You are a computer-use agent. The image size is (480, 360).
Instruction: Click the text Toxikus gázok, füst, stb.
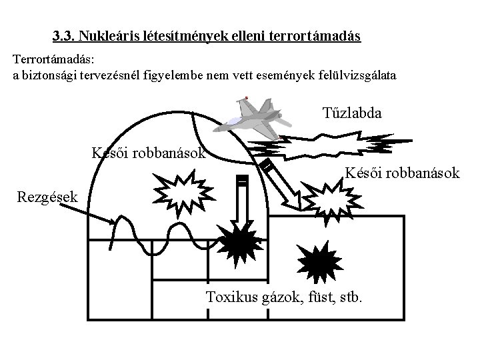(x=285, y=296)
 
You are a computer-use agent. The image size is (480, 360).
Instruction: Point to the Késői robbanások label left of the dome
(x=148, y=153)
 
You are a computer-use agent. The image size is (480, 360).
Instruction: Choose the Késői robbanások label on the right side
(x=401, y=174)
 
